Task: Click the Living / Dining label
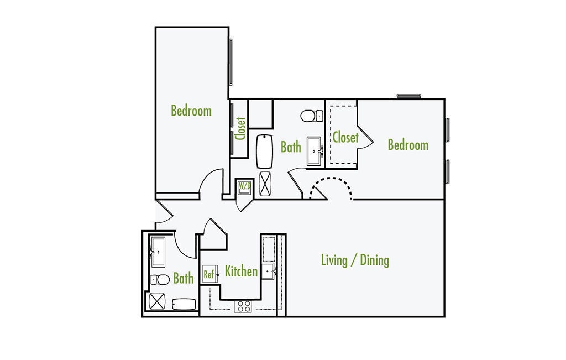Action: [355, 260]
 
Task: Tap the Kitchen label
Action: [241, 271]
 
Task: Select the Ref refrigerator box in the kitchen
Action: [209, 274]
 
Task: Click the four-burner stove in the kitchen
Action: [243, 306]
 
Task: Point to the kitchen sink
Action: [269, 272]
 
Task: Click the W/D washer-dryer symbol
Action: [244, 186]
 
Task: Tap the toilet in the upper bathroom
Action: [312, 116]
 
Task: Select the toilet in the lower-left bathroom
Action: [161, 279]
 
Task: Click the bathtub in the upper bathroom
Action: [265, 151]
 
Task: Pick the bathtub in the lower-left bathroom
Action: [184, 305]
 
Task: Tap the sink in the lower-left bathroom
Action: [157, 252]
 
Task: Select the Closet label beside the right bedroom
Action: [345, 137]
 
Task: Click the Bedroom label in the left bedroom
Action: [191, 111]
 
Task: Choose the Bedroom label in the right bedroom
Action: [408, 145]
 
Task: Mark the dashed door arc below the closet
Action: [331, 185]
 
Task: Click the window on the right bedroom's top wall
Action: [408, 96]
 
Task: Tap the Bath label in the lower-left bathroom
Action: [183, 278]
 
